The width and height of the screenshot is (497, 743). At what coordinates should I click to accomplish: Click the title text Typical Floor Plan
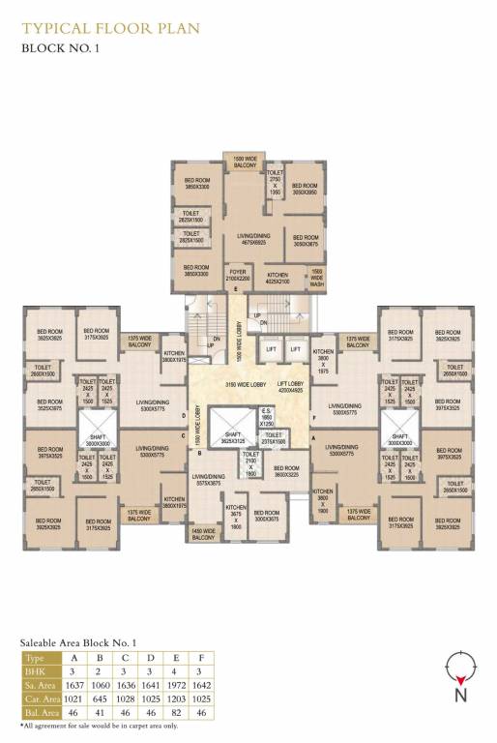pos(110,28)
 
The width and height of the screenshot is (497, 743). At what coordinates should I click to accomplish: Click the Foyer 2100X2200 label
pos(238,276)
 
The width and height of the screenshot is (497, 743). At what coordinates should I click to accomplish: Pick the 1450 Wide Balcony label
pos(203,533)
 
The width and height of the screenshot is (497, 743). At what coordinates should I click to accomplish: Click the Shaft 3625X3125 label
pos(232,438)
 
